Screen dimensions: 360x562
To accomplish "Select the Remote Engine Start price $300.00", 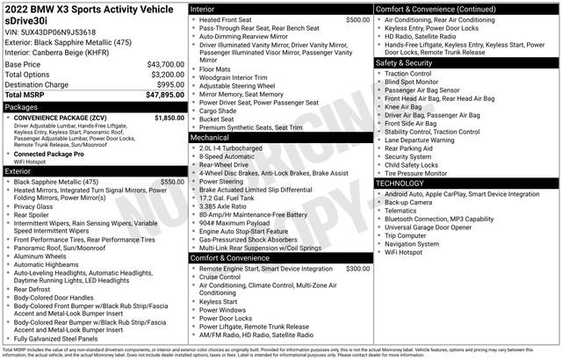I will [x=357, y=269].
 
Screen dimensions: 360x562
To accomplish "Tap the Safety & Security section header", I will [x=403, y=63].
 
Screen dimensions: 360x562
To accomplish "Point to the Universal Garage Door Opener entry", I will [x=436, y=227].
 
